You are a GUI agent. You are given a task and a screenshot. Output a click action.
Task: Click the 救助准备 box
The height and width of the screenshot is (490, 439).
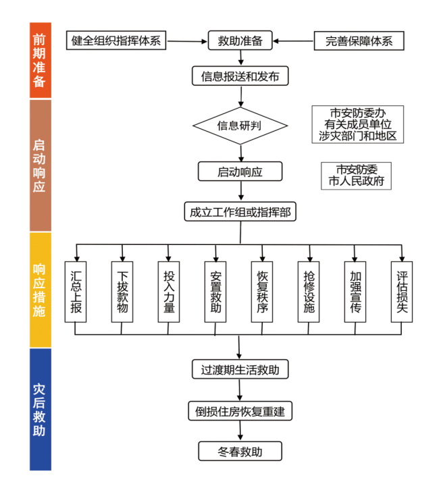point(240,40)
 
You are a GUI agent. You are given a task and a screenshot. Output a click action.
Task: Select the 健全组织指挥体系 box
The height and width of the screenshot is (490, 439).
point(116,40)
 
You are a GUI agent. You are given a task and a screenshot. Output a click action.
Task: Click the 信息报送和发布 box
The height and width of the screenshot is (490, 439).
point(240,76)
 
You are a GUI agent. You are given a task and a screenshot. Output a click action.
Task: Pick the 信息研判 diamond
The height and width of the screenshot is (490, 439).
point(240,126)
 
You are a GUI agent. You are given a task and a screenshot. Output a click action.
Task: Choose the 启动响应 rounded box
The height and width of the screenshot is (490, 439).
point(240,171)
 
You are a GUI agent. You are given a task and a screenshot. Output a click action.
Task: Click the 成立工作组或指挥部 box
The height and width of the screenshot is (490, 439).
point(240,211)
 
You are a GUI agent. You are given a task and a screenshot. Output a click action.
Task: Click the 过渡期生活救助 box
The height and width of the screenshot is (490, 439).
point(240,370)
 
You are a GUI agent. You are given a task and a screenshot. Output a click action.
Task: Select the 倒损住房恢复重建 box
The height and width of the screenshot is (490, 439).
point(240,410)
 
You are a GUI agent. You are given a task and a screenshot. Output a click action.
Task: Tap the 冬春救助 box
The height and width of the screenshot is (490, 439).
point(240,451)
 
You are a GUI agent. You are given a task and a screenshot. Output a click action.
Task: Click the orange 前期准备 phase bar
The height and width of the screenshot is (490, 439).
point(41,60)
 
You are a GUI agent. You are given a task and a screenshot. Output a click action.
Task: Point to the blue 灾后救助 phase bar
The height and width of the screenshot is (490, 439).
point(41,409)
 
